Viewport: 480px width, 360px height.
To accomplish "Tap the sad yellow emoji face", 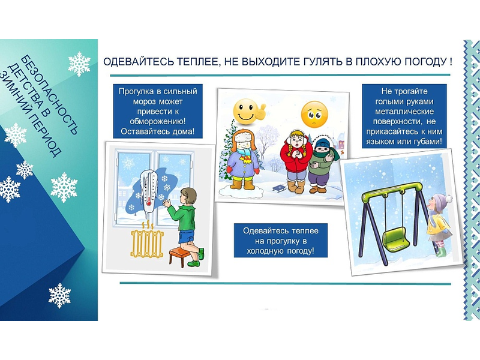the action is [314, 114].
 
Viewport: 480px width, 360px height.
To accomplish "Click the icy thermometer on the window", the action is [148, 191].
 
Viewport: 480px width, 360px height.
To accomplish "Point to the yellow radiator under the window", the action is [147, 244].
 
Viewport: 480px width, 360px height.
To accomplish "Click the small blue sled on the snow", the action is [279, 188].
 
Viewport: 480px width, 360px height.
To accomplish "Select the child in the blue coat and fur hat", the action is [244, 159].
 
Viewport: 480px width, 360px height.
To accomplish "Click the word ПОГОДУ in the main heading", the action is [427, 62].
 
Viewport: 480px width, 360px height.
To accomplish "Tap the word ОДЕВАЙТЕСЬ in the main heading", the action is [139, 62].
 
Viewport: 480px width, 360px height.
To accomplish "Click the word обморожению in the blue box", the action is [158, 121].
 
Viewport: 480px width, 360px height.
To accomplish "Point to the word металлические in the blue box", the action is [404, 111].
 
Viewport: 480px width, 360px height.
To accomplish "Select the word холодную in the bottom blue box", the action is [265, 251].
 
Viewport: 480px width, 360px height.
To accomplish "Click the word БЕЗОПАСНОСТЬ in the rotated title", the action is [50, 95].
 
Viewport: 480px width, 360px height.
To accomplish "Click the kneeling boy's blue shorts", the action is [187, 236].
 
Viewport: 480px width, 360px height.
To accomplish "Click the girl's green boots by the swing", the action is [442, 252].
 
